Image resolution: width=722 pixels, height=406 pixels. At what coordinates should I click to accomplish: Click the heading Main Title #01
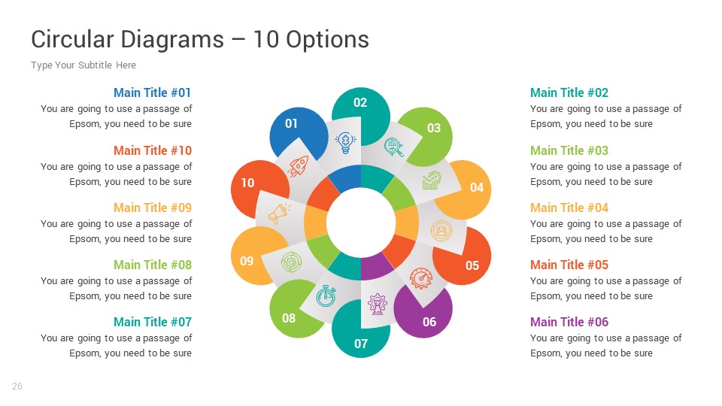coord(153,93)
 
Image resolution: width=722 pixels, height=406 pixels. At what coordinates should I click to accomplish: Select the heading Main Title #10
coord(153,150)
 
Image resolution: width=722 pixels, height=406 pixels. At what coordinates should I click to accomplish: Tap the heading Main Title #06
coord(569,322)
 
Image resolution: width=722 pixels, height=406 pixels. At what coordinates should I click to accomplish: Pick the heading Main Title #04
coord(569,208)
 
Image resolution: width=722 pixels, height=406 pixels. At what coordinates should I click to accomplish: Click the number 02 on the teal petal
coord(360,103)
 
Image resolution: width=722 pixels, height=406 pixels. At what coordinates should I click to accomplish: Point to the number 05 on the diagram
coord(472,265)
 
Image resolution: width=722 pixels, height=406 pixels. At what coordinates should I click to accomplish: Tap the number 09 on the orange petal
coord(247,262)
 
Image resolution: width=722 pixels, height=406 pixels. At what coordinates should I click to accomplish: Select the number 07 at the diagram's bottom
coord(361,344)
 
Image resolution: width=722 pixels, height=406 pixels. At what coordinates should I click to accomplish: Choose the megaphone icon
coord(278,214)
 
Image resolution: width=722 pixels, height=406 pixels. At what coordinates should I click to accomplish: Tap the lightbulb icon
coord(345,142)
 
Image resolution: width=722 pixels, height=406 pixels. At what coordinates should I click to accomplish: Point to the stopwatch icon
coord(326,295)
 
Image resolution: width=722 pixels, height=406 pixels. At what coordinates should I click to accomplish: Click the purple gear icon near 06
coord(376,304)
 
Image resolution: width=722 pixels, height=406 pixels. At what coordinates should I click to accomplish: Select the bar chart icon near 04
coord(431,180)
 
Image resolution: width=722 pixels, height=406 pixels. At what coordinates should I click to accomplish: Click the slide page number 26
coord(17,386)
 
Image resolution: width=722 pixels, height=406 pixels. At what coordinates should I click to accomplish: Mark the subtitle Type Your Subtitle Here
coord(83,65)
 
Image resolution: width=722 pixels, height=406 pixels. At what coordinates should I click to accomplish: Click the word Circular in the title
coord(72,39)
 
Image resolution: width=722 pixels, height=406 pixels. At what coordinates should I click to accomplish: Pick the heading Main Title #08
coord(153,265)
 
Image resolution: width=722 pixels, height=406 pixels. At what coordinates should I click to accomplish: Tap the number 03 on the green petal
coord(434,128)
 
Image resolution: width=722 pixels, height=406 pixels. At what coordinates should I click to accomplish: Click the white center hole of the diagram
coord(361,223)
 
